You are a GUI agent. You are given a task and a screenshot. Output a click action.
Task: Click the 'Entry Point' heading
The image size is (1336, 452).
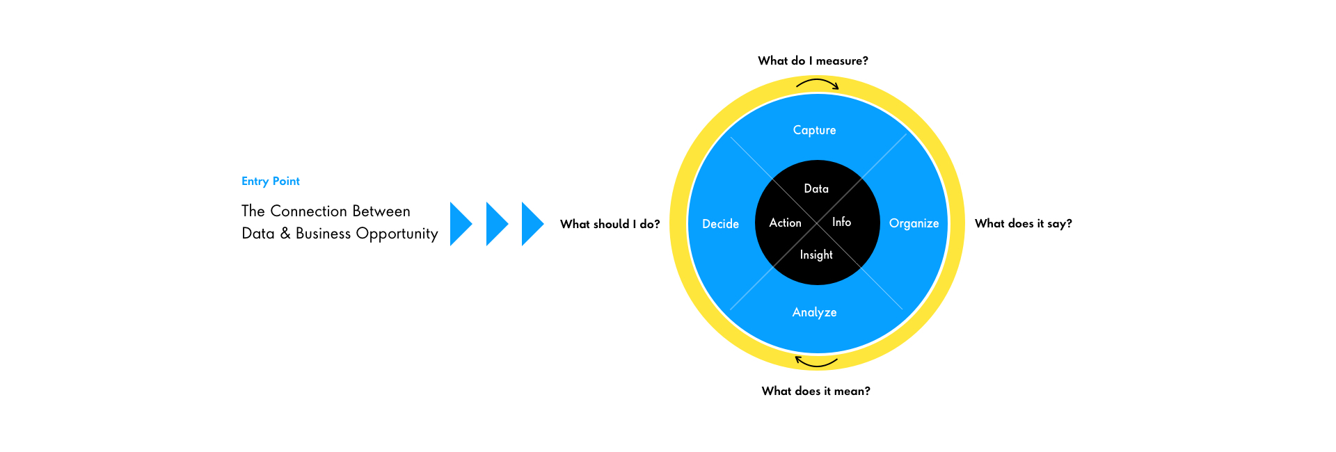coord(271,181)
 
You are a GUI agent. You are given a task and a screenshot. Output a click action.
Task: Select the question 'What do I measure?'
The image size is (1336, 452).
coord(813,61)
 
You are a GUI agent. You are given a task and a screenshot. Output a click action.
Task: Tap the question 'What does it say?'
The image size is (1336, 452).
coord(1023,224)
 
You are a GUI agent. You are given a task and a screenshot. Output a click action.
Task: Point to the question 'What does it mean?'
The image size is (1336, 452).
coord(816,391)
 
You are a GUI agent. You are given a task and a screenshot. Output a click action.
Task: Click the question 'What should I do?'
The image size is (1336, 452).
coord(610,224)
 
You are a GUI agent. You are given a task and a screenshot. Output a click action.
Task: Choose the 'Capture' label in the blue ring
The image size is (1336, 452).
coord(814,130)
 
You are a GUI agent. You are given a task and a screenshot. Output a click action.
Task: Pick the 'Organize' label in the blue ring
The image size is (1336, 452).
coord(914,223)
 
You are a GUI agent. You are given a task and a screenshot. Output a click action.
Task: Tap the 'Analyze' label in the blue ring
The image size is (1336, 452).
coord(814,312)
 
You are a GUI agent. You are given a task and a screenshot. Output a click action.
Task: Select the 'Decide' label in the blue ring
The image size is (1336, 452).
coord(720,224)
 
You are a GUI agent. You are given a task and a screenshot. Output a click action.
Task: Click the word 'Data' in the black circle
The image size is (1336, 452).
coord(816,188)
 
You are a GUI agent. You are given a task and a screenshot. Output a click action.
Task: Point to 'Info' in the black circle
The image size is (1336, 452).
coord(841,222)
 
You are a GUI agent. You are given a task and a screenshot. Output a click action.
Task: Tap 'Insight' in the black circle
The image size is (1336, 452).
coord(816,255)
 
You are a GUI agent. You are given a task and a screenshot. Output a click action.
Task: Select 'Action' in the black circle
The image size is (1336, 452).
coord(785,223)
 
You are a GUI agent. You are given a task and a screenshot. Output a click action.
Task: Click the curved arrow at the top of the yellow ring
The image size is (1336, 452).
coord(818,81)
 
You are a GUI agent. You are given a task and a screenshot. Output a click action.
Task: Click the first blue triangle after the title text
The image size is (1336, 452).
coord(461,224)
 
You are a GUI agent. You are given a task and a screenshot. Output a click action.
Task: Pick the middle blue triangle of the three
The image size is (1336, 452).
coord(497,224)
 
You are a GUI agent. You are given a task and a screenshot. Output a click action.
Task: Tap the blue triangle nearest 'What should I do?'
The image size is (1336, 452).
coord(532,224)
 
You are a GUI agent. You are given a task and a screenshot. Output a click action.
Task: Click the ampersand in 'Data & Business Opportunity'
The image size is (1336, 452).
coord(285,234)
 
